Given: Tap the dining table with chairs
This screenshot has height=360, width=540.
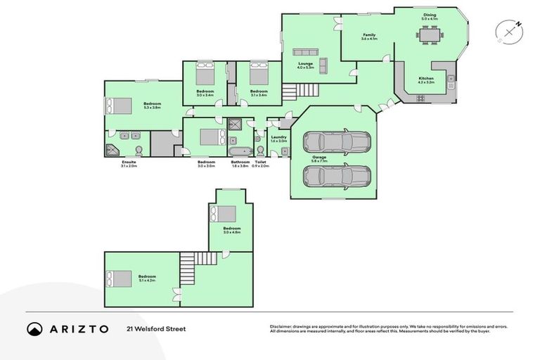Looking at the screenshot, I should tap(429, 34).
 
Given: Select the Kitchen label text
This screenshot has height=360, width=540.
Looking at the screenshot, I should tap(426, 79).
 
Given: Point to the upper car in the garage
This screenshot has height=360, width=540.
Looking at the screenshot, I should tap(337, 142).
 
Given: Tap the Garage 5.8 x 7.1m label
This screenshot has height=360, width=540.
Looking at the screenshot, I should tap(330, 158).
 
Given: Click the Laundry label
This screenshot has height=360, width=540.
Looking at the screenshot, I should tap(279, 139).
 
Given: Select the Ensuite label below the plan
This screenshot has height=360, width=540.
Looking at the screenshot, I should tap(129, 163).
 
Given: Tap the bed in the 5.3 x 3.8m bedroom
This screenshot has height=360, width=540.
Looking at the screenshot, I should tap(118, 105).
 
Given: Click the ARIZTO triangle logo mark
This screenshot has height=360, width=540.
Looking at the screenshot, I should tap(34, 329).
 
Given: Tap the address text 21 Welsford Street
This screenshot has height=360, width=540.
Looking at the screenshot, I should tap(156, 328).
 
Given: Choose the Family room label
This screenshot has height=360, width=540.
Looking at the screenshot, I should tap(369, 36).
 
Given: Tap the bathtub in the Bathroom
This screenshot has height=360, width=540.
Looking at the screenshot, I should tap(240, 151).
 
